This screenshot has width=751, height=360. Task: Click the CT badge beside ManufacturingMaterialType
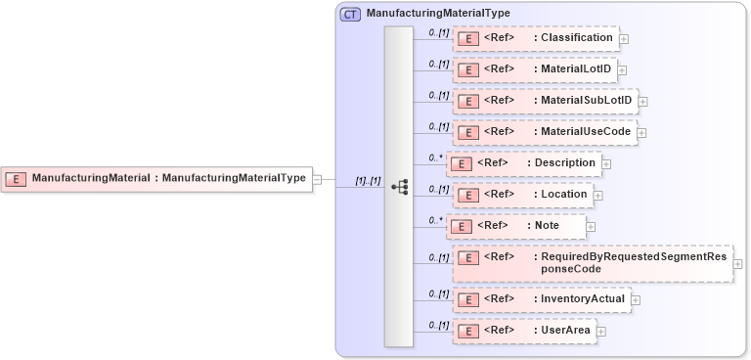click(x=349, y=14)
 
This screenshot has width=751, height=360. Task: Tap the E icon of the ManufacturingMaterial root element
click(x=16, y=178)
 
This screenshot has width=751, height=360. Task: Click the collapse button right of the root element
click(x=317, y=179)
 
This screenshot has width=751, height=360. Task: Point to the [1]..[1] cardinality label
click(x=368, y=181)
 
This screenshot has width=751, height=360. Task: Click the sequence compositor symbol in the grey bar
click(x=399, y=187)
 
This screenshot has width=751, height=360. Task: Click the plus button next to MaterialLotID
click(x=622, y=70)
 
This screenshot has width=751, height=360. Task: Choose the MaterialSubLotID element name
click(x=584, y=101)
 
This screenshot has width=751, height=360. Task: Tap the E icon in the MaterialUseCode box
click(x=468, y=132)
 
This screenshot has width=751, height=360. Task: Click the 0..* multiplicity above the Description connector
click(x=436, y=157)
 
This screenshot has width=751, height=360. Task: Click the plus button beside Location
click(x=598, y=195)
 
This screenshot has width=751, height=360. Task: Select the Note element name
click(x=547, y=225)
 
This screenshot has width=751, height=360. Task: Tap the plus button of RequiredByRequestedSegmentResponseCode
click(x=737, y=265)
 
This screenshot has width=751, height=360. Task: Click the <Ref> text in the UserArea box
click(x=499, y=331)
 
